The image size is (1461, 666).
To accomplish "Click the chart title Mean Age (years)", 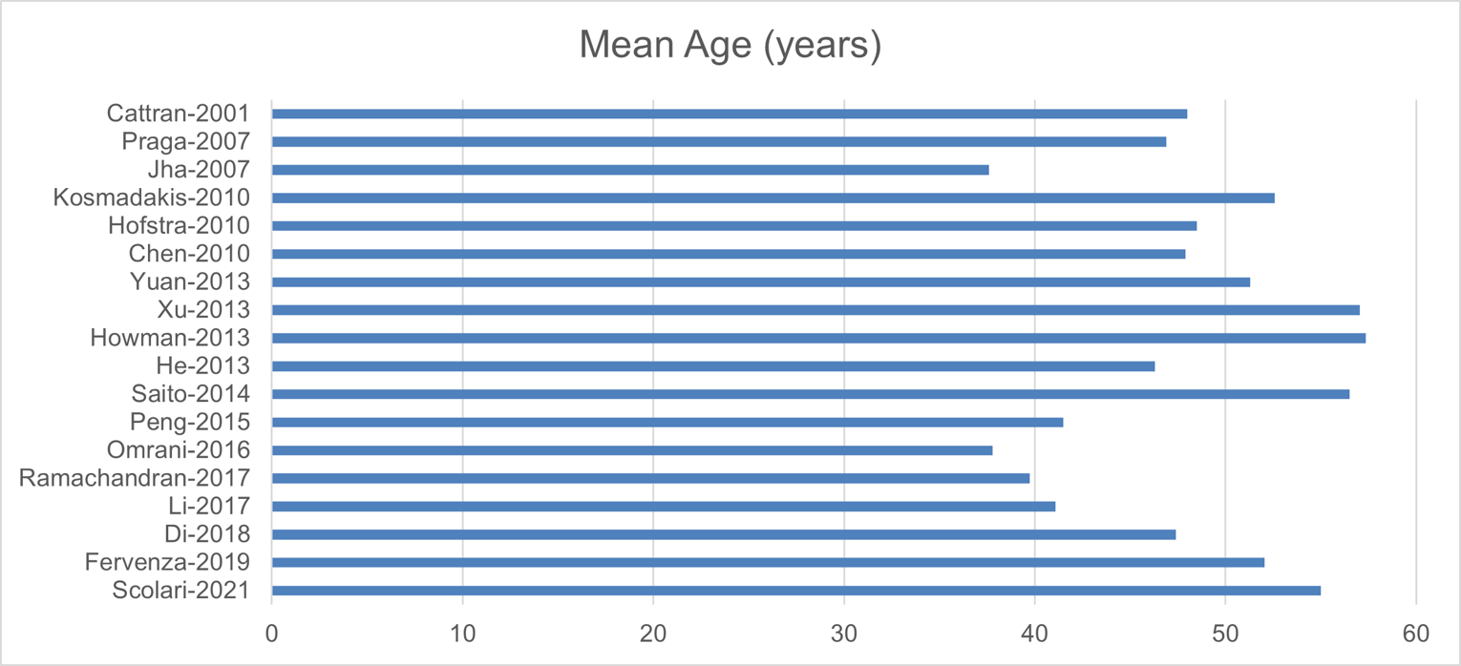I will point(730,46).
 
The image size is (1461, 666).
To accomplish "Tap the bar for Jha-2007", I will point(630,170).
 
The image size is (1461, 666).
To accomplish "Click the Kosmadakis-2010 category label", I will point(152,198).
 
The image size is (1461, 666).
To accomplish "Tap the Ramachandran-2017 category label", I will point(135,478).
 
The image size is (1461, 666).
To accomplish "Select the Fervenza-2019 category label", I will point(167,562).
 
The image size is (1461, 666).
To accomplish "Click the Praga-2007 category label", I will point(186,142).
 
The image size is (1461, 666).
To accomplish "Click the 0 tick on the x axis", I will point(272,635).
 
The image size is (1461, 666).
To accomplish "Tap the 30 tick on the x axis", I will point(844,635).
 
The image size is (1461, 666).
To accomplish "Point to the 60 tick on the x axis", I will point(1416,635).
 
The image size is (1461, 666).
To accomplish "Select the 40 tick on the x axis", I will point(1034,635).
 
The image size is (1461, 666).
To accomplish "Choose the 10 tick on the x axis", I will point(463,635).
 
